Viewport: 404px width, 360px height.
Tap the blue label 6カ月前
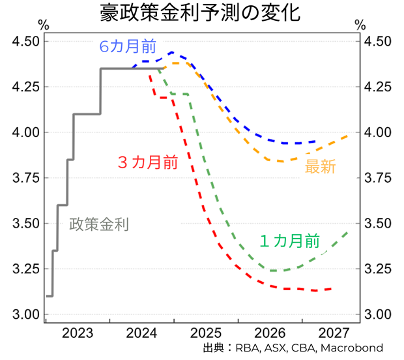click(x=128, y=47)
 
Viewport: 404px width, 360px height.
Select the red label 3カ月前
click(x=147, y=162)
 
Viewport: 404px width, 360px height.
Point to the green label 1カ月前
click(x=289, y=241)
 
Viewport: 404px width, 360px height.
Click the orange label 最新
click(x=320, y=167)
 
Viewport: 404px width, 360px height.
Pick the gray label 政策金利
click(x=98, y=224)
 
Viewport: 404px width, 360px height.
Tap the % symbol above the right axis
click(x=360, y=25)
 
